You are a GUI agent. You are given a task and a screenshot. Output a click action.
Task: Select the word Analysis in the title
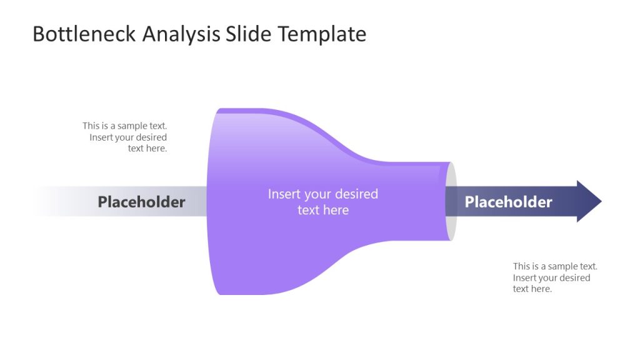(181, 34)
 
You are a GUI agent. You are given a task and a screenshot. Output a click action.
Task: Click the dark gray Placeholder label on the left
(141, 202)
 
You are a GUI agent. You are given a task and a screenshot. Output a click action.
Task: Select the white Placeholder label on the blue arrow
(508, 202)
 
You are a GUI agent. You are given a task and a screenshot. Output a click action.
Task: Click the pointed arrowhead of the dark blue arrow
(589, 201)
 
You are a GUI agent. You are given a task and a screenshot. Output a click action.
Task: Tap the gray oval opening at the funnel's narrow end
(452, 201)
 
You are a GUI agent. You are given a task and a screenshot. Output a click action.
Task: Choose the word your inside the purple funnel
(318, 194)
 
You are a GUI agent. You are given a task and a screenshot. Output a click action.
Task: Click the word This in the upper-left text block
(91, 126)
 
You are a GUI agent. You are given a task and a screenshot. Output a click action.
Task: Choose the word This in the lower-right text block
(522, 266)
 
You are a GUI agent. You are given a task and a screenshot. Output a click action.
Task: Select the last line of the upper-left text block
(147, 148)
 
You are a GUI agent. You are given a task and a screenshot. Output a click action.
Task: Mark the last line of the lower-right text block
(532, 289)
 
